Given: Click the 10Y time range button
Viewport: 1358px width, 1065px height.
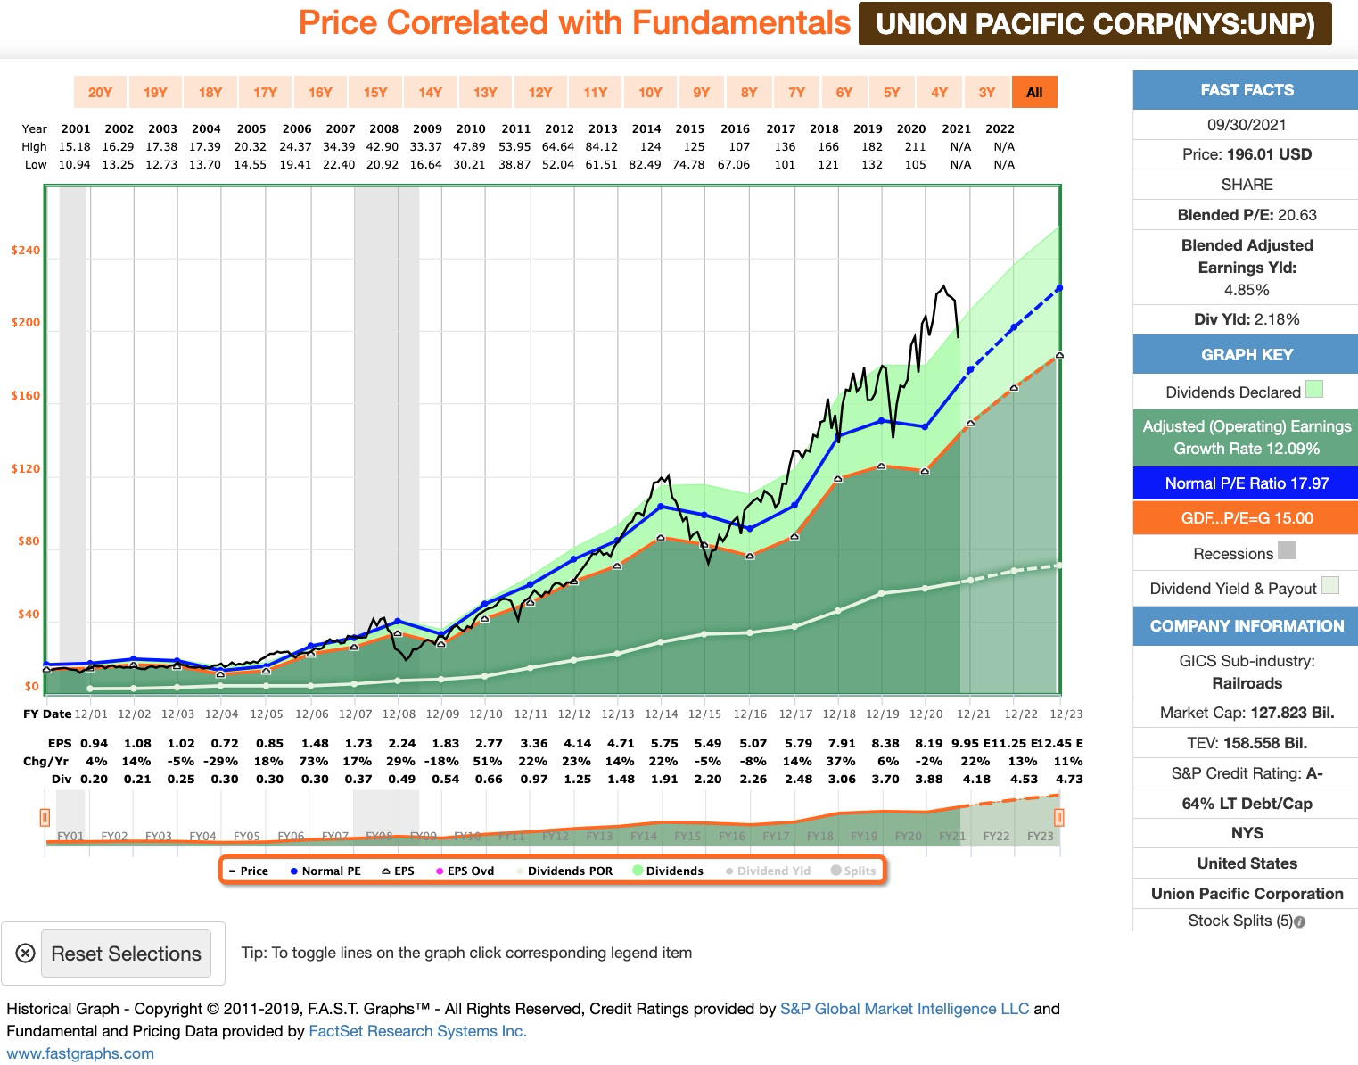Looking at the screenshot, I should pyautogui.click(x=650, y=92).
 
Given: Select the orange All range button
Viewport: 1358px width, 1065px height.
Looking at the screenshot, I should pyautogui.click(x=1034, y=92).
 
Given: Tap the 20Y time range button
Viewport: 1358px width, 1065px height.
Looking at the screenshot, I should pyautogui.click(x=100, y=92).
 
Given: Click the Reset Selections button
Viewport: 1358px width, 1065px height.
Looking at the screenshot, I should pyautogui.click(x=126, y=954).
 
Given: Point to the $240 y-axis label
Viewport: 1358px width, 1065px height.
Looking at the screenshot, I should pyautogui.click(x=26, y=250).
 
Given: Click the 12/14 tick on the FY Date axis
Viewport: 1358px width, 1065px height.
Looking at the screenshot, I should pyautogui.click(x=661, y=714).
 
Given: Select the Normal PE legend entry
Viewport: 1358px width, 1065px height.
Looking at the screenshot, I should pyautogui.click(x=325, y=871).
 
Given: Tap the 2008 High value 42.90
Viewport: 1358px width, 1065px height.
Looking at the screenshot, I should pyautogui.click(x=383, y=146).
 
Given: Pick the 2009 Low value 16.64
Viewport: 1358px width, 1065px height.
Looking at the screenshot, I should pyautogui.click(x=426, y=164).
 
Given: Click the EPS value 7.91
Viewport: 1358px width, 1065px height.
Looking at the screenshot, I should pyautogui.click(x=842, y=743).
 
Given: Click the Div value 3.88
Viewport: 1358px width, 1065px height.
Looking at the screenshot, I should pyautogui.click(x=928, y=779).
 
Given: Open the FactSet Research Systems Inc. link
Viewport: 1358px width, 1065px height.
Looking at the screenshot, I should pyautogui.click(x=417, y=1031).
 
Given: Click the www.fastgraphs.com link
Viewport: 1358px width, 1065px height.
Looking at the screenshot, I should pyautogui.click(x=80, y=1053).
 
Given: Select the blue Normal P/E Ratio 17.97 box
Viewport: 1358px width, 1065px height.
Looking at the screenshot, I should pyautogui.click(x=1246, y=483).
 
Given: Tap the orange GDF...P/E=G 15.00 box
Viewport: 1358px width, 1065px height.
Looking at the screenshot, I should pyautogui.click(x=1246, y=518).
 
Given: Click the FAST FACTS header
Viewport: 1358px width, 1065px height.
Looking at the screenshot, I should pyautogui.click(x=1246, y=90).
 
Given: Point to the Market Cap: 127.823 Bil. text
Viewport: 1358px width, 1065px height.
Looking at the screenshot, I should pyautogui.click(x=1247, y=713).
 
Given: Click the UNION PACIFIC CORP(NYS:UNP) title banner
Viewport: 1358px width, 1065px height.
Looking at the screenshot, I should pyautogui.click(x=1095, y=24).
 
